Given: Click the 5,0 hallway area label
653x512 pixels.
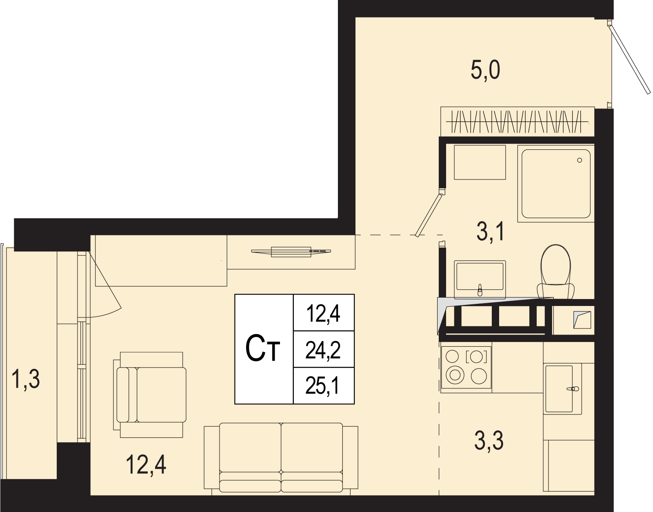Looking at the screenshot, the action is (x=485, y=70).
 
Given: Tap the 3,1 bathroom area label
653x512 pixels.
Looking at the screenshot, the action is (x=490, y=231).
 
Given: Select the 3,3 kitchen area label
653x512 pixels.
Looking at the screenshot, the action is (x=489, y=440).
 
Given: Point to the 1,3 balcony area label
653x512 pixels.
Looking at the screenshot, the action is (x=26, y=379).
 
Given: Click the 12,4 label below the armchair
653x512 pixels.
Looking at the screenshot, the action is (x=146, y=465).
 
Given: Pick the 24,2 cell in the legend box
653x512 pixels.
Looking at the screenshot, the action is (x=323, y=350).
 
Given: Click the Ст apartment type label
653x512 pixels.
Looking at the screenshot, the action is (x=263, y=349).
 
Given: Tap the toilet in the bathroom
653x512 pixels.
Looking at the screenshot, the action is (x=555, y=271).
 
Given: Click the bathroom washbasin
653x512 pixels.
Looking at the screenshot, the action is (x=480, y=279).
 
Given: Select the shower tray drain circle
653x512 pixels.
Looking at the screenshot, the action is (x=580, y=160).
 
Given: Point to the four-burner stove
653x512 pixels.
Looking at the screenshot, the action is (x=466, y=370).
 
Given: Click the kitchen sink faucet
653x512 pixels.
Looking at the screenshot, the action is (x=573, y=389).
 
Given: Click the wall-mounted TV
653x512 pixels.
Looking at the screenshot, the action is (x=291, y=252).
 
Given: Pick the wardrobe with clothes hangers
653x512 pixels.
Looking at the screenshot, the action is (x=518, y=122).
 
